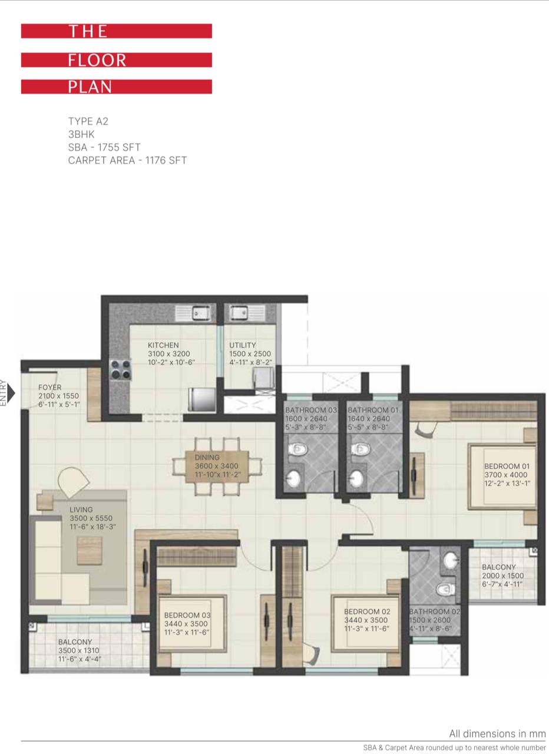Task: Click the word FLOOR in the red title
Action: tap(97, 60)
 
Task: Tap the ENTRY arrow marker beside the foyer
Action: tap(11, 392)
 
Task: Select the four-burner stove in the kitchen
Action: tap(121, 369)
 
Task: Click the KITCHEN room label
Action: tap(163, 345)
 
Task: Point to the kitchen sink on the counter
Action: tap(196, 313)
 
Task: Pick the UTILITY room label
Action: tap(242, 345)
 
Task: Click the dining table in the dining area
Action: tap(217, 466)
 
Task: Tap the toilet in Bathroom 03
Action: tap(298, 449)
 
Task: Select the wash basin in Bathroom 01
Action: tap(356, 477)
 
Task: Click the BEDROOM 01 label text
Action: tap(507, 466)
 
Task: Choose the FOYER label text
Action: tap(50, 387)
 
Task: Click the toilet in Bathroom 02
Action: tap(446, 589)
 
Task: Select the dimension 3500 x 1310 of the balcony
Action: tap(79, 650)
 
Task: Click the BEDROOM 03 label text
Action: tap(187, 615)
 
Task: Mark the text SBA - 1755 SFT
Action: tap(104, 147)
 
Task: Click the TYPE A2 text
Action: tap(88, 121)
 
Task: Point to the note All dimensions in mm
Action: tap(497, 733)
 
